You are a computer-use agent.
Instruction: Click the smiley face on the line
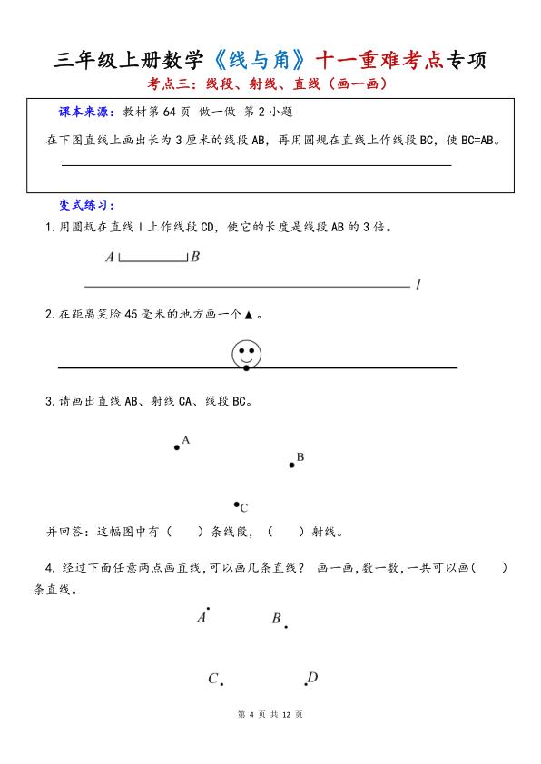[245, 352]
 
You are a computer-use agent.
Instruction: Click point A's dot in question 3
[177, 446]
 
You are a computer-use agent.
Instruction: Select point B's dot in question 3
[291, 465]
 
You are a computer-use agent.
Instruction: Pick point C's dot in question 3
[236, 504]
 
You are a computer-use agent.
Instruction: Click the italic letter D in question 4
[312, 677]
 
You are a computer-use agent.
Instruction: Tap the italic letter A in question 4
[202, 617]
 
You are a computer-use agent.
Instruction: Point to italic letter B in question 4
[276, 619]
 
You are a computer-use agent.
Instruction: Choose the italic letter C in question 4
[213, 679]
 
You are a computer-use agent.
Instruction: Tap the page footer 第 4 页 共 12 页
[270, 714]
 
